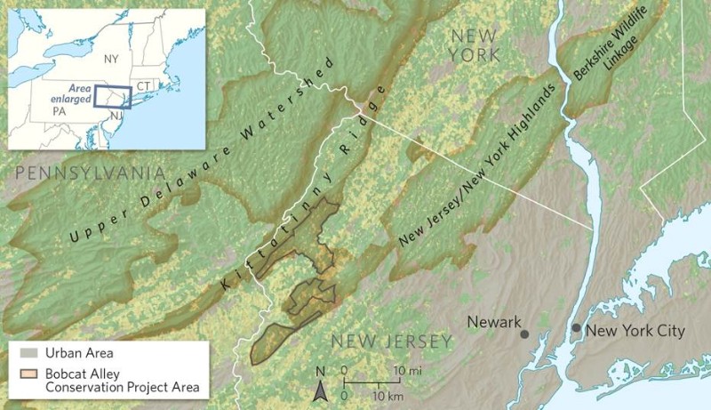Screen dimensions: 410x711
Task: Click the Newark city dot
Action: tap(524, 334)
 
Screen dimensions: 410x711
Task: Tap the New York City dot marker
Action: tap(576, 328)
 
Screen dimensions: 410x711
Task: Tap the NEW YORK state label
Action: tap(475, 44)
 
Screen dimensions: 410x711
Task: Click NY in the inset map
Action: tap(111, 59)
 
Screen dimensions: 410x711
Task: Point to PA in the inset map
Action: tap(59, 113)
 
